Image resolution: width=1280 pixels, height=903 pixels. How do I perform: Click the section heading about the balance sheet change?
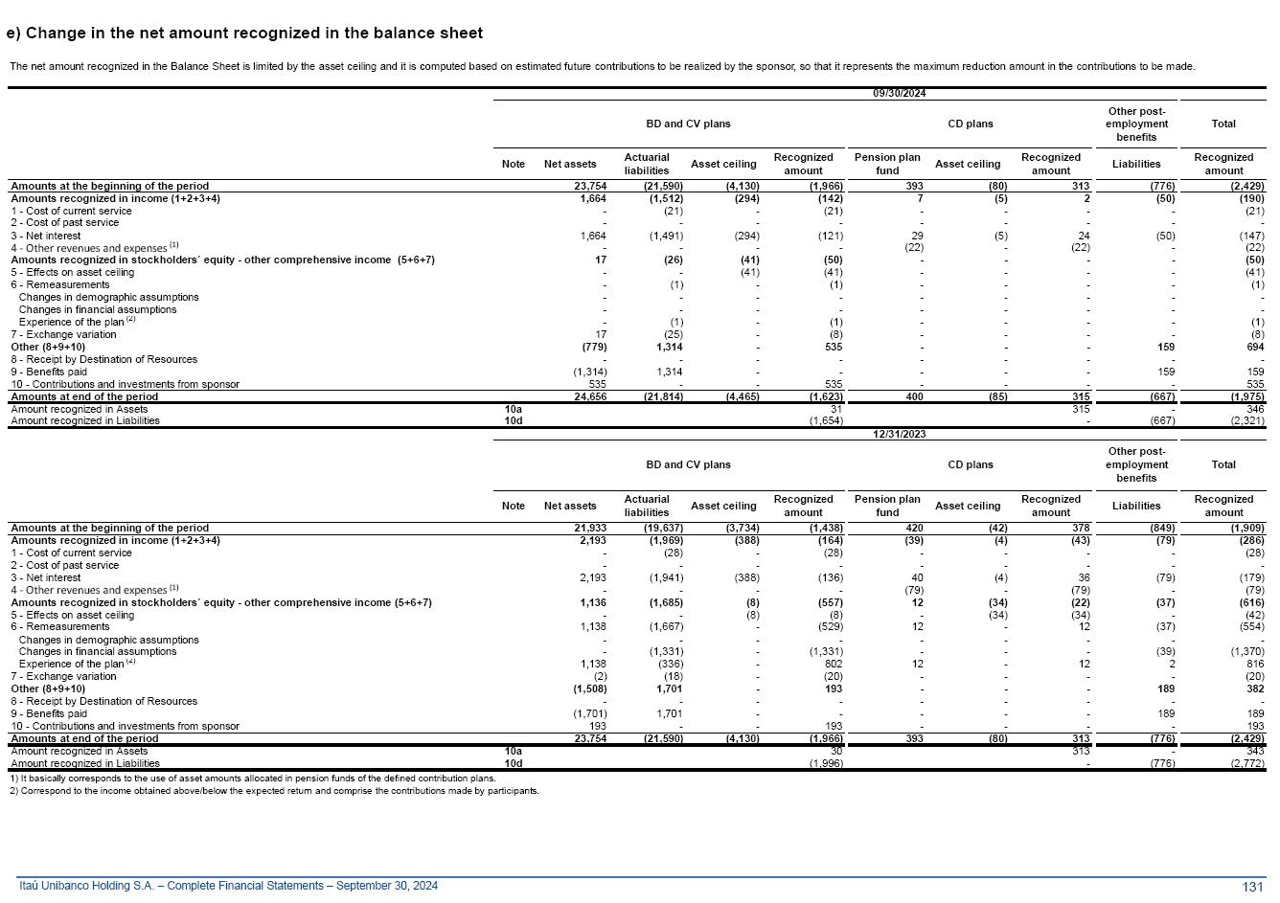tap(244, 34)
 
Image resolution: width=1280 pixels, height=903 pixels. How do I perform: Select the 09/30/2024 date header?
tap(899, 93)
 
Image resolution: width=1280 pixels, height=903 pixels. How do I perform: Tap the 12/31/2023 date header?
tap(899, 434)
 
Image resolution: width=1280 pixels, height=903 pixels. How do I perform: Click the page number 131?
tap(1252, 887)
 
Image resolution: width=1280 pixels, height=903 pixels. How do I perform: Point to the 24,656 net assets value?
tap(589, 396)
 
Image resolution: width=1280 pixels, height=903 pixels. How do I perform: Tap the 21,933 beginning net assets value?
tap(589, 528)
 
